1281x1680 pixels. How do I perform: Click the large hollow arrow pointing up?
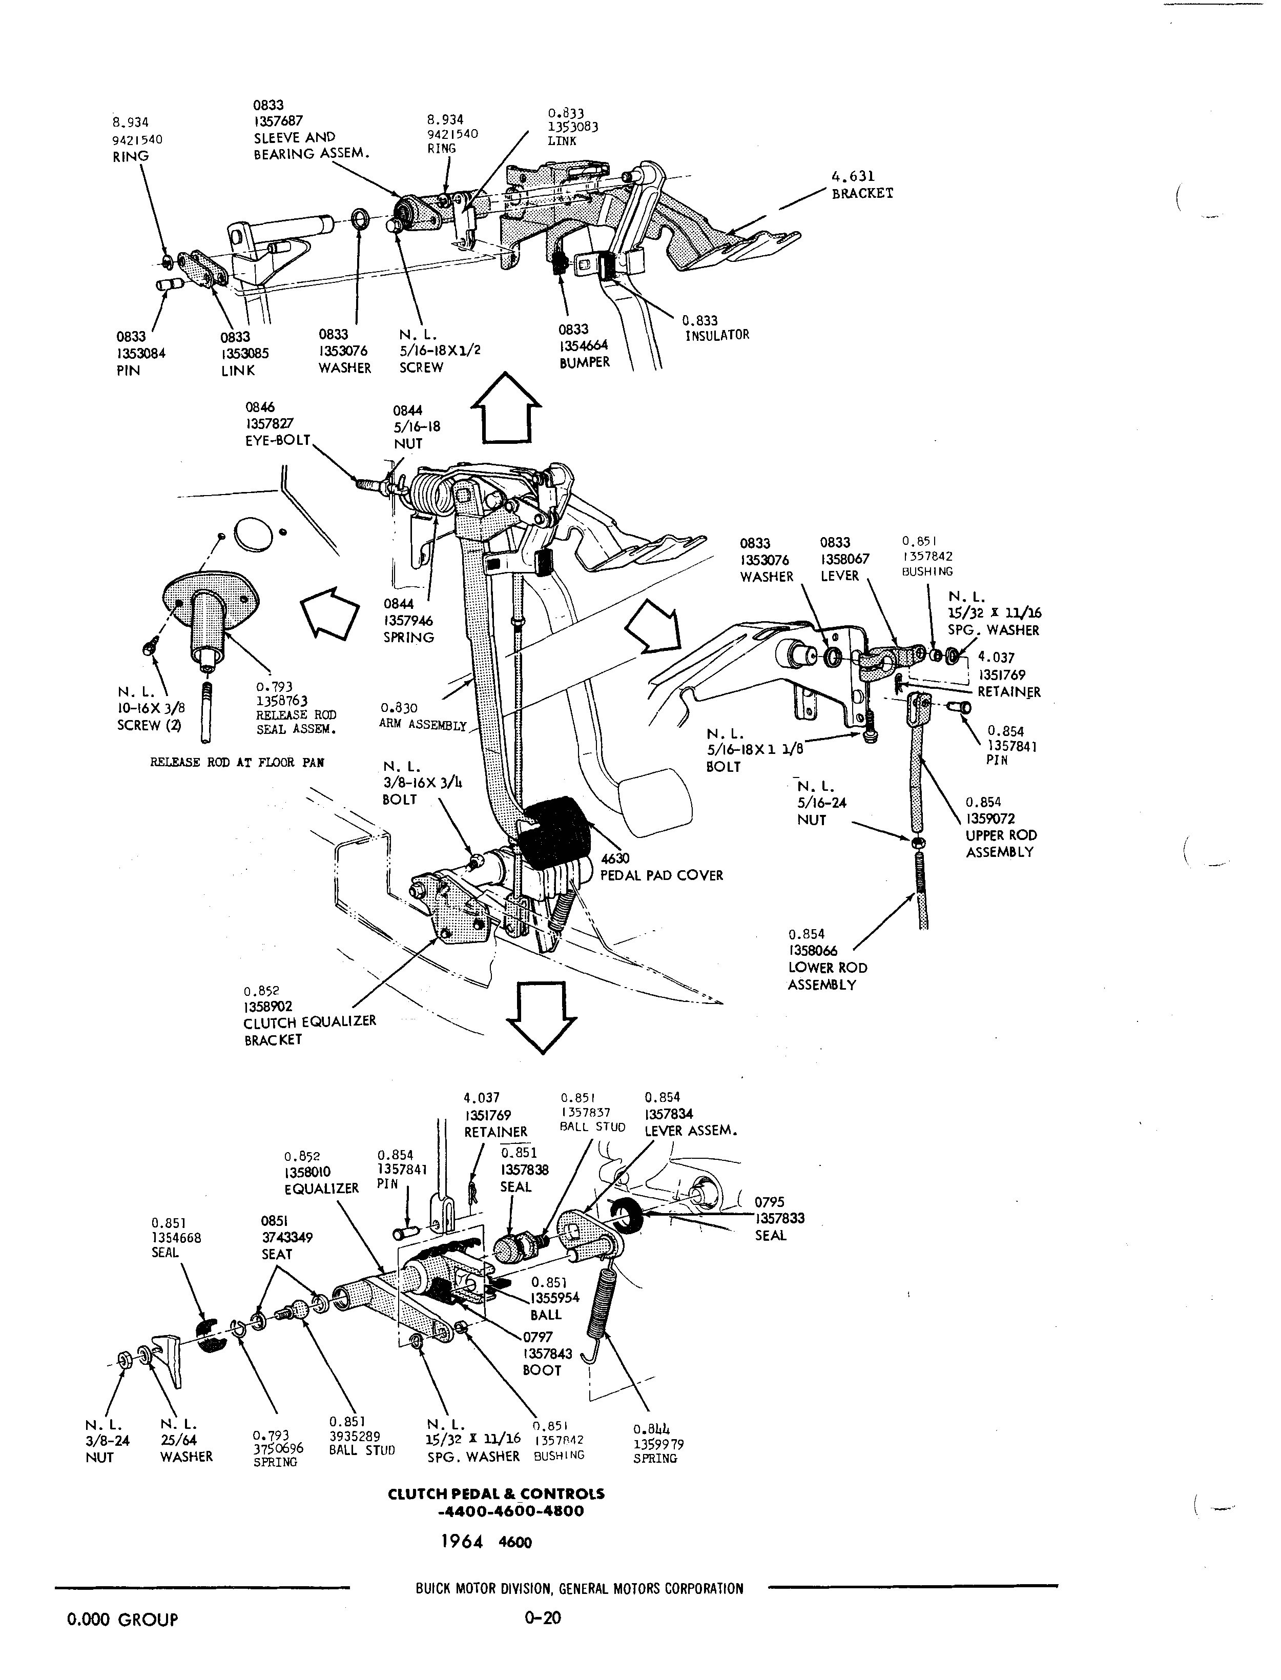tap(506, 408)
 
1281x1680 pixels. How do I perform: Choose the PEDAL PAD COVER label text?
tap(661, 875)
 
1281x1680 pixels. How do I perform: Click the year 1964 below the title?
tap(462, 1542)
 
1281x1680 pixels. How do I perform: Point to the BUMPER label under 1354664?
tap(585, 363)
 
